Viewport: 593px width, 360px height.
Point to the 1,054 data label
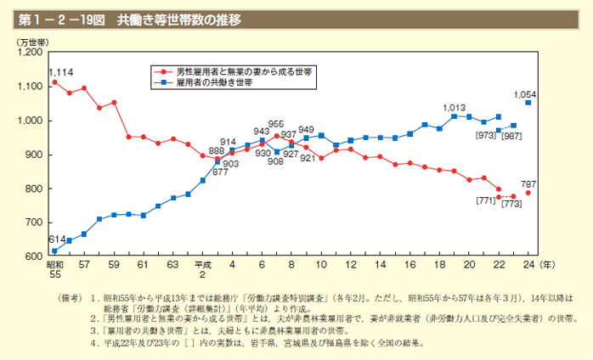coord(527,93)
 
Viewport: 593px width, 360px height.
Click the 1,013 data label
coord(455,108)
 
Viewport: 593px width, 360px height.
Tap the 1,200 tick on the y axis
coord(30,53)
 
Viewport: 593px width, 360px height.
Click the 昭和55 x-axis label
coord(54,271)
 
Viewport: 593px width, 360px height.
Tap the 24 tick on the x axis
coord(528,266)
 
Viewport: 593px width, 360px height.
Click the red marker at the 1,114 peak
coord(54,82)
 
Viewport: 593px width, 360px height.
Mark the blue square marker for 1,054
coord(528,103)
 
